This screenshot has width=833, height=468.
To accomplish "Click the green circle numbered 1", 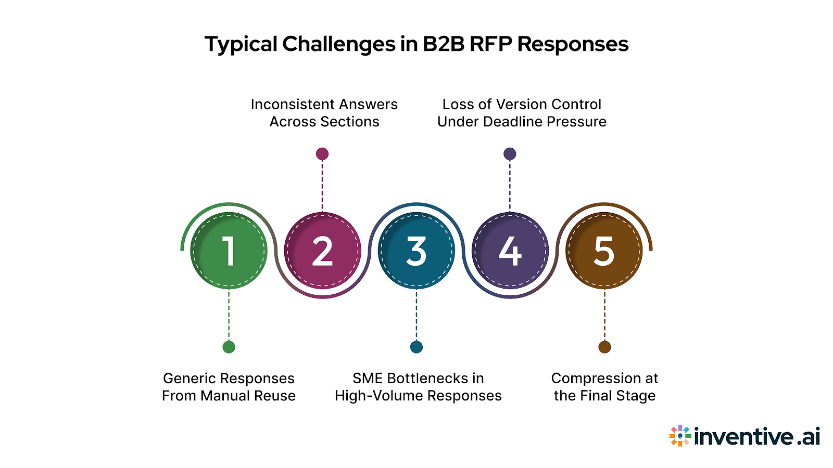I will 229,251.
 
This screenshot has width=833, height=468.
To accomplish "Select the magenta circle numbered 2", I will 322,251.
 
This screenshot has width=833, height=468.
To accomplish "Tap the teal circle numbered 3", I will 416,251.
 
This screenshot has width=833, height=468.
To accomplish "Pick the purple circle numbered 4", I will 510,251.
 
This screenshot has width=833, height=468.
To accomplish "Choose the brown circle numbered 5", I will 604,251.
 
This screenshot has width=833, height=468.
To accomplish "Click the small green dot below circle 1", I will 229,347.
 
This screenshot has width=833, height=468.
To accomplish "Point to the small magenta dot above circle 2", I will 322,154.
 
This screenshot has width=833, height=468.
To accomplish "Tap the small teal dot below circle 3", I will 416,347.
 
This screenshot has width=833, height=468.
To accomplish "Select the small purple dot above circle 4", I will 510,154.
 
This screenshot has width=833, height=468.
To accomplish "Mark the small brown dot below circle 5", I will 604,347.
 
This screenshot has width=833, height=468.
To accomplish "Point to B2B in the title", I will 443,44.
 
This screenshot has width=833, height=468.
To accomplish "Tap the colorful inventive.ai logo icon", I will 680,436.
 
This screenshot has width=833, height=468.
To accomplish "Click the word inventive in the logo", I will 743,436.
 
